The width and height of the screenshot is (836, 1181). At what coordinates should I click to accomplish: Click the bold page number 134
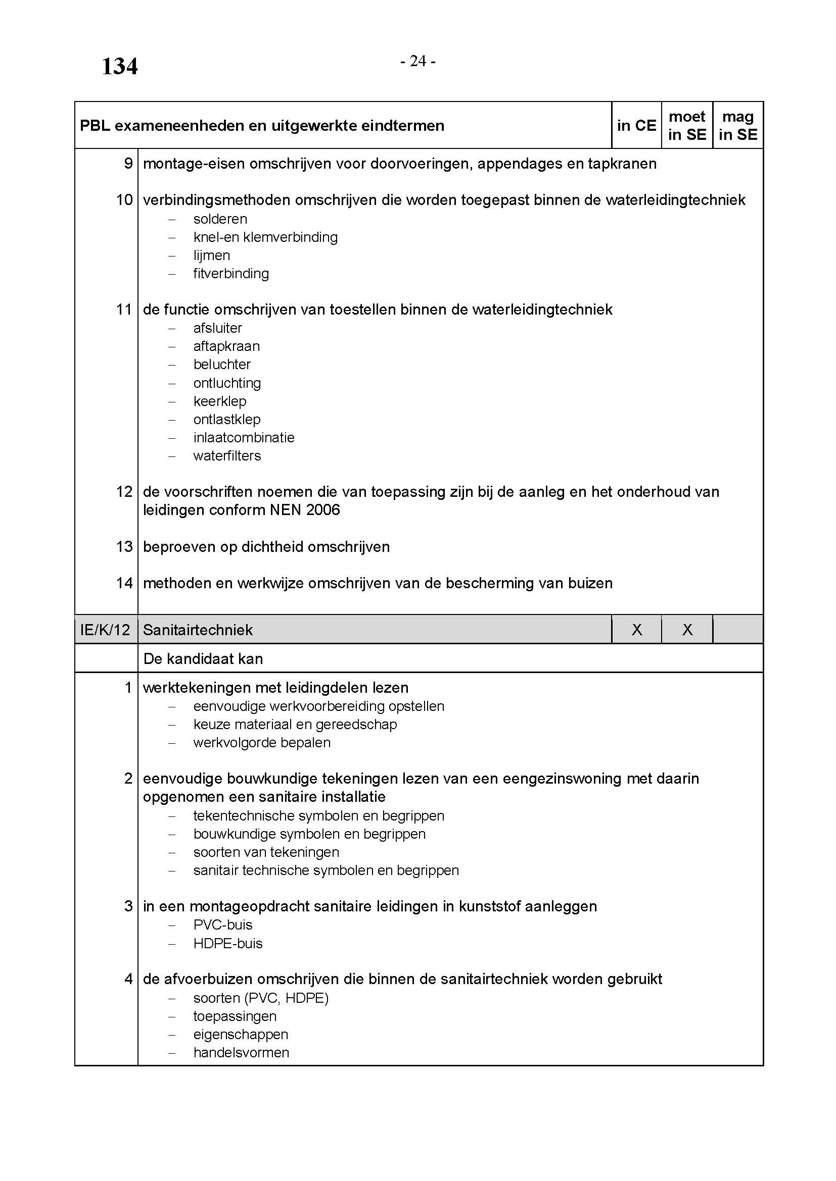click(119, 67)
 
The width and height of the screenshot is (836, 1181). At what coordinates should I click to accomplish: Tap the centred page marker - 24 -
click(418, 61)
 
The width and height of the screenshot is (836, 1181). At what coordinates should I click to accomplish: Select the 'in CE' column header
click(636, 126)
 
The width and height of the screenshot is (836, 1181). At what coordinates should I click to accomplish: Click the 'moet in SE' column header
click(687, 126)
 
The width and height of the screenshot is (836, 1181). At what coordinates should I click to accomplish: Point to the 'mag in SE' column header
click(737, 126)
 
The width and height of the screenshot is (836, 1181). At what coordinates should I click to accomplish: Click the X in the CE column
click(637, 630)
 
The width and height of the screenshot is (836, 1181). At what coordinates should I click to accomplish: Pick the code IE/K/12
click(106, 630)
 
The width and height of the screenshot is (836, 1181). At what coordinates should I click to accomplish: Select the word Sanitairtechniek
click(198, 630)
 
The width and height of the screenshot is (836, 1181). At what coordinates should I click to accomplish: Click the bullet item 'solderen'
click(220, 219)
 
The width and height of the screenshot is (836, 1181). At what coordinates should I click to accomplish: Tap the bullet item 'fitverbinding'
click(230, 274)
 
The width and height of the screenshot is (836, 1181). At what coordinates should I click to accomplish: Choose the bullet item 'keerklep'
click(220, 401)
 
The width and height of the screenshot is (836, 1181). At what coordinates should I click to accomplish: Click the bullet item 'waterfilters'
click(227, 456)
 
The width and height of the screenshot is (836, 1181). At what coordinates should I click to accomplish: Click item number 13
click(124, 547)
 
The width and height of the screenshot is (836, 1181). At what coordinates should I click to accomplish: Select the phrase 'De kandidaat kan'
click(203, 659)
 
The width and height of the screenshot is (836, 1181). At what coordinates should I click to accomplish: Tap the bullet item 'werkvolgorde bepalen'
click(261, 743)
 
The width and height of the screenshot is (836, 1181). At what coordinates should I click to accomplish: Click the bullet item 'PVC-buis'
click(223, 925)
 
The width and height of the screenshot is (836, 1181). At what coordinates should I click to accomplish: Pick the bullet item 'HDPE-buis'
click(227, 943)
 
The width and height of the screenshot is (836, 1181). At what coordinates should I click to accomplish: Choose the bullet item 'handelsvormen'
click(241, 1052)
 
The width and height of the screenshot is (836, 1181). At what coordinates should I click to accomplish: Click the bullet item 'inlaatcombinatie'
click(244, 438)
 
